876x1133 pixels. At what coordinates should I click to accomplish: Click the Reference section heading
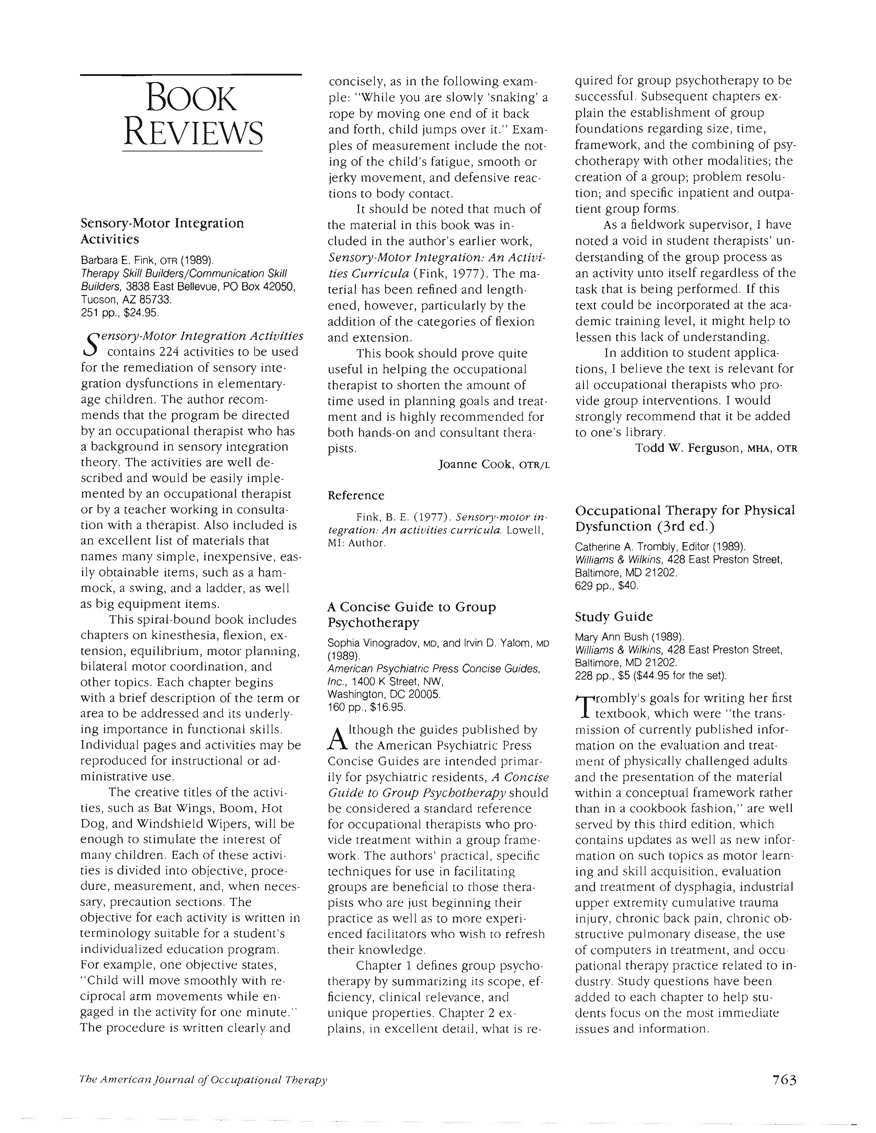tap(356, 495)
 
